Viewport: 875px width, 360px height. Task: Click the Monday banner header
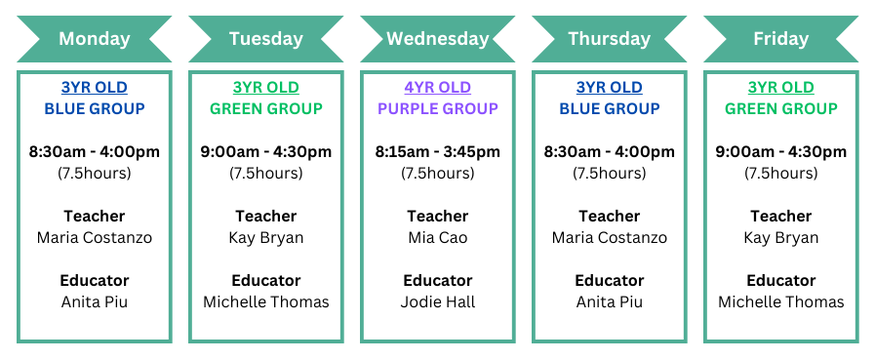(94, 39)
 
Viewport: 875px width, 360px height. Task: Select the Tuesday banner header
(265, 39)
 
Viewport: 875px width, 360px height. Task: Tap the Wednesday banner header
(437, 39)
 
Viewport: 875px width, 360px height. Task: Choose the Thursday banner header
(609, 39)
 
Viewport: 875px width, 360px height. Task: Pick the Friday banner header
(780, 39)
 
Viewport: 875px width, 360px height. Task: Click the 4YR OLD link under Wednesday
(437, 88)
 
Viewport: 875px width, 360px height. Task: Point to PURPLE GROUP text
(437, 108)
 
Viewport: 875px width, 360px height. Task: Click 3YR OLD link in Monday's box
(94, 88)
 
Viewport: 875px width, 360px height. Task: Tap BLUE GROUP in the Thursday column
(609, 108)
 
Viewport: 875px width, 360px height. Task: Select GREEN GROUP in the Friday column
(780, 108)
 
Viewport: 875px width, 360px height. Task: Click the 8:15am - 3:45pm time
(437, 151)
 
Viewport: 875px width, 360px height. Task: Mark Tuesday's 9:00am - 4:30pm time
(265, 151)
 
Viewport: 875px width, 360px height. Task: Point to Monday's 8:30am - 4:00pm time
(94, 151)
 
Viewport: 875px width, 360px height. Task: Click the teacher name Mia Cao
(437, 237)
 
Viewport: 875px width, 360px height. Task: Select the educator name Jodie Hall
(437, 301)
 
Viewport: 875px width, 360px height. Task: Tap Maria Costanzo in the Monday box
(94, 237)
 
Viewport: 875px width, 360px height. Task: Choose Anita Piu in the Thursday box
(609, 301)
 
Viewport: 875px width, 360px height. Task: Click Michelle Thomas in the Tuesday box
(265, 301)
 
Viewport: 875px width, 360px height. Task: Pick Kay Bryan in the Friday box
(780, 237)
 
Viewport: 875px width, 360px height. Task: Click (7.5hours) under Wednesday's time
(437, 173)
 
